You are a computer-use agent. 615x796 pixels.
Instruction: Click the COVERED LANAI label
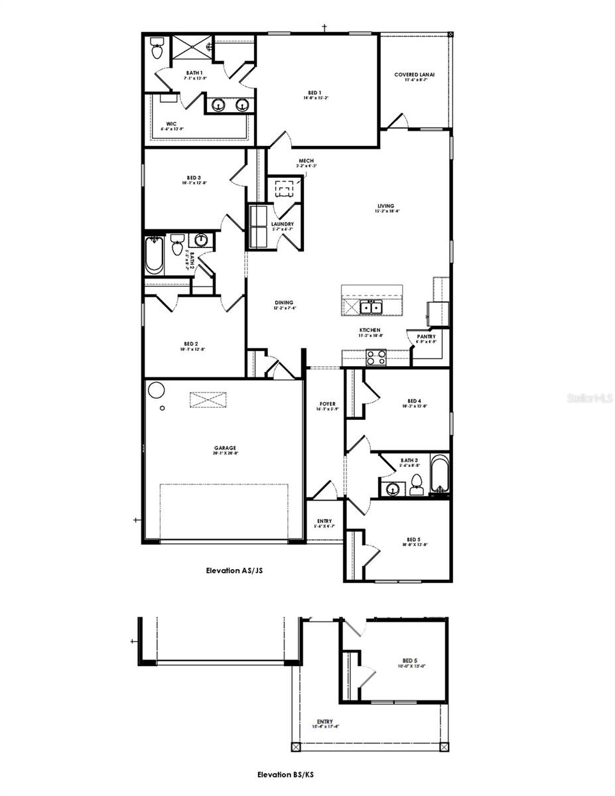414,75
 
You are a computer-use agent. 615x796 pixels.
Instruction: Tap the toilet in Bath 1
157,48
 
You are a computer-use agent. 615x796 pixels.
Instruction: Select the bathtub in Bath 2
154,256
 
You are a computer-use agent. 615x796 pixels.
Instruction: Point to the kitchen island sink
371,306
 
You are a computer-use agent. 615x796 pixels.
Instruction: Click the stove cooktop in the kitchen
376,358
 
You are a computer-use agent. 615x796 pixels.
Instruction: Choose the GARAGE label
225,448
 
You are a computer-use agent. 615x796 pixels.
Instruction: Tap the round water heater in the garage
157,389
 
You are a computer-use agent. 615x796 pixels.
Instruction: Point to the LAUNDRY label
282,224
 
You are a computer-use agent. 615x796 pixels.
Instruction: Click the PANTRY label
427,337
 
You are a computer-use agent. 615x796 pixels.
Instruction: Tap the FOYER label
328,404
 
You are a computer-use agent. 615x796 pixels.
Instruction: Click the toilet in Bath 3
416,484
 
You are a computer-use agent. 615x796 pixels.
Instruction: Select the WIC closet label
172,123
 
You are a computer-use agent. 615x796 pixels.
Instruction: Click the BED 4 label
414,401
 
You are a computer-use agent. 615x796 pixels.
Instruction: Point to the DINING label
284,302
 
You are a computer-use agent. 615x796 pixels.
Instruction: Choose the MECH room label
306,161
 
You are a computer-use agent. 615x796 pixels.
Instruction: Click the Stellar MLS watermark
589,399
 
